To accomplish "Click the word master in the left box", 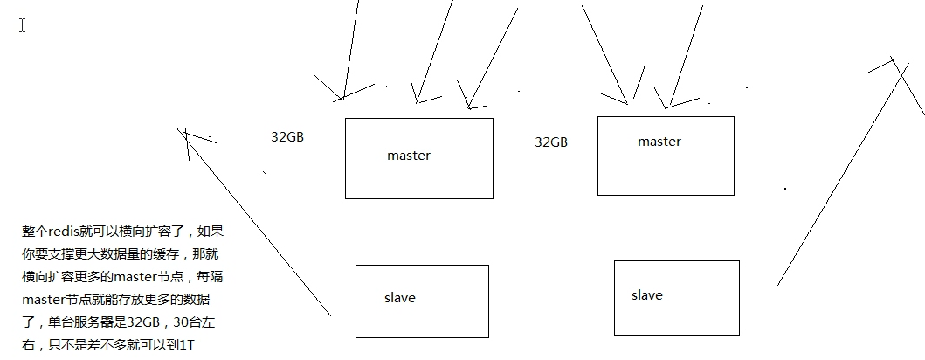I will tap(409, 156).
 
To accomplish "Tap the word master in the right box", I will tap(659, 142).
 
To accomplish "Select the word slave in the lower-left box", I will tap(400, 298).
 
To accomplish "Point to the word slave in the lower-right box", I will tap(647, 295).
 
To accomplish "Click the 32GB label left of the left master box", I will tap(287, 137).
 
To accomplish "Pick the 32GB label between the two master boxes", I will tap(551, 142).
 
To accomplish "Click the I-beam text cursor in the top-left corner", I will tap(23, 25).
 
